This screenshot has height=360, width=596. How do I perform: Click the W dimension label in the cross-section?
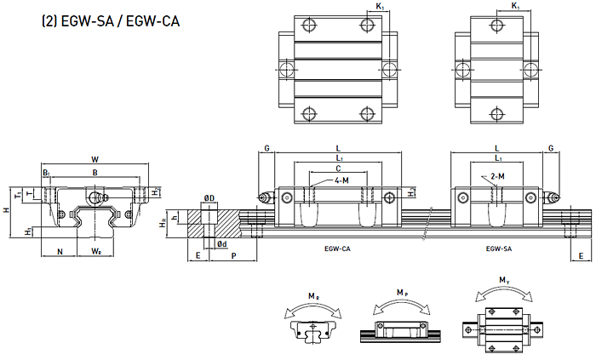coord(95,159)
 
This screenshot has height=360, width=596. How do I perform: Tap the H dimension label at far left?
coord(6,210)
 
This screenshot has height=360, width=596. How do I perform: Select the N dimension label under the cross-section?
coord(60,251)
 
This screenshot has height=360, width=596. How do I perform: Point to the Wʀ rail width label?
coord(96,251)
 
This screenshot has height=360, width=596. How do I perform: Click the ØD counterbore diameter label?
coord(209,198)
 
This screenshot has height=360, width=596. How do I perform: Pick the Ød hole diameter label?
coord(222,244)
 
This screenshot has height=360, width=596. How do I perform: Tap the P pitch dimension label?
coord(234,256)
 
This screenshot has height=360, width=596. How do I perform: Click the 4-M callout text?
coord(341,180)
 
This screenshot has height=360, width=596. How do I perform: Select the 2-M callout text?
coord(497,176)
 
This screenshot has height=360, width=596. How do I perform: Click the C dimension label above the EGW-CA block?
coord(338,169)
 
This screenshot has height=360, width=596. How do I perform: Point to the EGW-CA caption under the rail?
coord(337,249)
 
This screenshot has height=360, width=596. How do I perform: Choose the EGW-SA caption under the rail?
coord(499,249)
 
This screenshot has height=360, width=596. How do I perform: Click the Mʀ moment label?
coord(313,296)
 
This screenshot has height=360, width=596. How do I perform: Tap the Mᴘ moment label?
coord(402,293)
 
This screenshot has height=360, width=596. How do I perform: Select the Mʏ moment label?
coord(504,281)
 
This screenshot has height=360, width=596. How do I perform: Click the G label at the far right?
coord(551,148)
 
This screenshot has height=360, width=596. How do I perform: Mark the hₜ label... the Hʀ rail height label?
coord(163,225)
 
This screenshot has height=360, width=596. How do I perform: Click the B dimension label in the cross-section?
coord(95,173)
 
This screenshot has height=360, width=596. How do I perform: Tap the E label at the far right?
coord(581,256)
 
